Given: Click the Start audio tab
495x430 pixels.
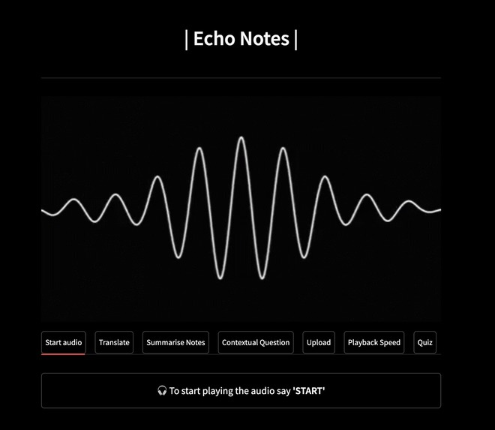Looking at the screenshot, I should [64, 342].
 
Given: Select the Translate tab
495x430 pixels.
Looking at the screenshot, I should [114, 342].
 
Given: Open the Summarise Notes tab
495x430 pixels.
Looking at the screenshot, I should [175, 342].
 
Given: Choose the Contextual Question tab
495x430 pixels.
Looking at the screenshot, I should [256, 342].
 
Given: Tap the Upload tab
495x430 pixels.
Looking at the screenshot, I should [319, 342].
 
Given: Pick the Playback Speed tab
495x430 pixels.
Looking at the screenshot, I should [374, 342].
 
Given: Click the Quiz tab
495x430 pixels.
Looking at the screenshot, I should [424, 342].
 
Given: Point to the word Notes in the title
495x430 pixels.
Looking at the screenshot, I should [265, 39].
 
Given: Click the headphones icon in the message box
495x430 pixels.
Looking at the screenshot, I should [162, 391].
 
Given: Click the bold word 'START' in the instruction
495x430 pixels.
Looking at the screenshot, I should [308, 391].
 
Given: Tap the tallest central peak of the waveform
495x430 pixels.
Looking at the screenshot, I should [241, 138].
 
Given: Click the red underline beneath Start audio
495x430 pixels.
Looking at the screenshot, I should [64, 353].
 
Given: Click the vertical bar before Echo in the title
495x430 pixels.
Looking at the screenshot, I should [187, 39].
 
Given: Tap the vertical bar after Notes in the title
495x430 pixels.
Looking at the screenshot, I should [295, 39].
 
